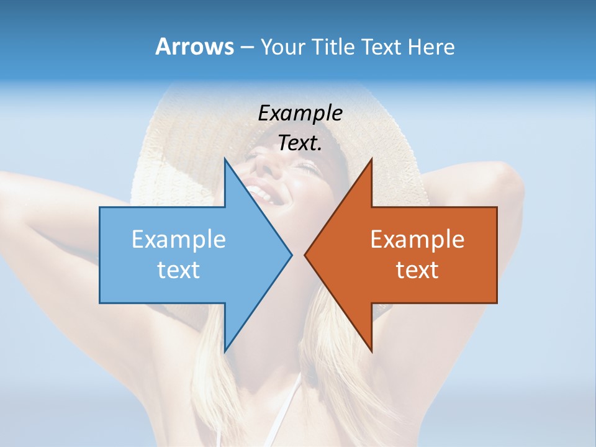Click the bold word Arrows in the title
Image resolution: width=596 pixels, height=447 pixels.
click(194, 47)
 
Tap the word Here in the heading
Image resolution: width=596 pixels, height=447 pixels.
click(431, 47)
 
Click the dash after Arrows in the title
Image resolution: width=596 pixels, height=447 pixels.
click(246, 47)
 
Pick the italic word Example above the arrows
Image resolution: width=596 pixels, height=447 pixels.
click(300, 113)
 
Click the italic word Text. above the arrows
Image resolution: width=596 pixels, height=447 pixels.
click(300, 143)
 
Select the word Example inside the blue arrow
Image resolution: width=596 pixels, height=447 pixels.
click(178, 239)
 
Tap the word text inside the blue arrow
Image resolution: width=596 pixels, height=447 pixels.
click(178, 269)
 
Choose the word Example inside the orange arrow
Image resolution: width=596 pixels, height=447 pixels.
click(417, 239)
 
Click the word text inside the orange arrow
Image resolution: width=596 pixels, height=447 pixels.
click(417, 269)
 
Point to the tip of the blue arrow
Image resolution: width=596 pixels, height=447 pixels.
click(292, 255)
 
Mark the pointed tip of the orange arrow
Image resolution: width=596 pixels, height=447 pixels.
click(305, 255)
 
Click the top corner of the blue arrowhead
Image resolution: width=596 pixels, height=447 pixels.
click(225, 158)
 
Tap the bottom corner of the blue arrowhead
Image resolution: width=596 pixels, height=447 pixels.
click(225, 351)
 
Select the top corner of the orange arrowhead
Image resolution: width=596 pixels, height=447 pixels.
click(371, 158)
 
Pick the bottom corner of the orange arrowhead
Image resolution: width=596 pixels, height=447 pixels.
click(371, 351)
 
